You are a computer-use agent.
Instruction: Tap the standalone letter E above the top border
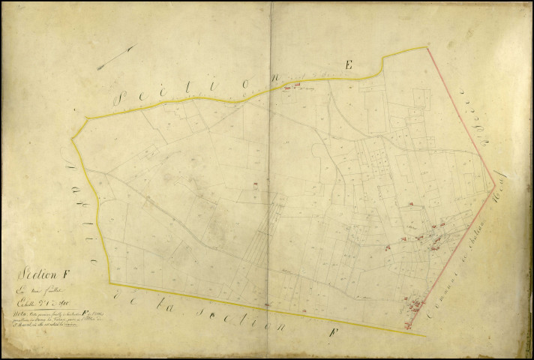click(348, 65)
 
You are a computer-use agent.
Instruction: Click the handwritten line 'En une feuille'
click(41, 287)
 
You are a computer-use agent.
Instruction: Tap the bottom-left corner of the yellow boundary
click(111, 283)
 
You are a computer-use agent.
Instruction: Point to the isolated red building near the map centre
click(256, 184)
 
